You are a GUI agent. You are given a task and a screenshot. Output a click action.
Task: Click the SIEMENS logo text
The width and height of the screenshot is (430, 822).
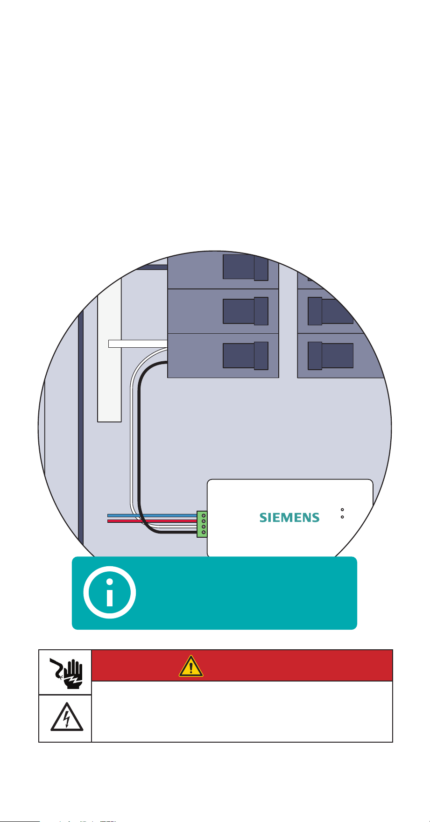289,517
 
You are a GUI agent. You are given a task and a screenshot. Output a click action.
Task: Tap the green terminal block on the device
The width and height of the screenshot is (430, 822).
202,524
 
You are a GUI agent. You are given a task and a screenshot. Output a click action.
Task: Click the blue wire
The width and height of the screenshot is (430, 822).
152,516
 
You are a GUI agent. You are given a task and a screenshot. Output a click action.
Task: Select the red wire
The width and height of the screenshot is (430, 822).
152,521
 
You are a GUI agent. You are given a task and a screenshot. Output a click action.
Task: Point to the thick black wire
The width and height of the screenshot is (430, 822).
141,448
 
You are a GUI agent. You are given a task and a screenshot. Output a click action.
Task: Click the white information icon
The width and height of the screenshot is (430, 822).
110,593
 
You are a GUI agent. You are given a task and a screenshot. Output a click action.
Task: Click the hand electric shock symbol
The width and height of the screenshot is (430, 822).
65,672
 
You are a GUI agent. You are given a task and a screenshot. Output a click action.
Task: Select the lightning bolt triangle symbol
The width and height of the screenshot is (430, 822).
66,717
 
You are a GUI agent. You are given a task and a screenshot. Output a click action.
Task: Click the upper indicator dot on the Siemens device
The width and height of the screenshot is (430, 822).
342,509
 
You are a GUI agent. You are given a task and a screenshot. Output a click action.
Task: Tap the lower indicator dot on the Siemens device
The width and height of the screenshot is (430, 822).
342,517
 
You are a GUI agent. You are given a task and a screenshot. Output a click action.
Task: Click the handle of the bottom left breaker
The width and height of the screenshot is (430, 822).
246,356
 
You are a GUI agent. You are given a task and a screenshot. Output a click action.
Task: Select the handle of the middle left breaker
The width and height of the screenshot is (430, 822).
246,311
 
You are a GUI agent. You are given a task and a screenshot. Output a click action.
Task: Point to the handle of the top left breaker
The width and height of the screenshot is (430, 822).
246,267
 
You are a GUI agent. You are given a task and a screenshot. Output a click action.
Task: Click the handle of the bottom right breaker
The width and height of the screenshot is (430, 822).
331,356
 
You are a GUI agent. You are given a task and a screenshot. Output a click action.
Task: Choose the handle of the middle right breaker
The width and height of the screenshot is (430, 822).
331,311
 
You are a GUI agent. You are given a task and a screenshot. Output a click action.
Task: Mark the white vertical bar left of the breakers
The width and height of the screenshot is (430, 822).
110,350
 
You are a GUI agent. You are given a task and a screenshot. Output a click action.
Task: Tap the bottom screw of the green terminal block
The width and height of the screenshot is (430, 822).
204,533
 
